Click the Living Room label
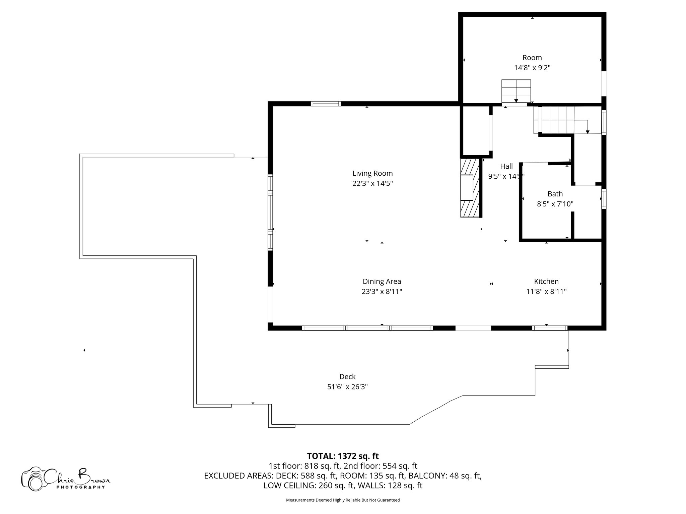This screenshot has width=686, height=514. tap(372, 173)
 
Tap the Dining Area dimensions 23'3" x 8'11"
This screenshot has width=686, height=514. tap(382, 291)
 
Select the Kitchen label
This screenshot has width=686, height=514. tap(546, 281)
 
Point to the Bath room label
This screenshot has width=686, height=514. tap(555, 194)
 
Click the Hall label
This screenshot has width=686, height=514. tap(506, 166)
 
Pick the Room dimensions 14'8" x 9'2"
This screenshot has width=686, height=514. tap(532, 68)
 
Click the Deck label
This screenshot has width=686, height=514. tap(347, 377)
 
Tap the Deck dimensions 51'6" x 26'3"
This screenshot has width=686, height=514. tap(347, 387)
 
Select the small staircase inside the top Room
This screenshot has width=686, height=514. tap(516, 91)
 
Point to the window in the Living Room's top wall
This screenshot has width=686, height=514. tap(326, 104)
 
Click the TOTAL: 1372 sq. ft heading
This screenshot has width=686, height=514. tap(343, 456)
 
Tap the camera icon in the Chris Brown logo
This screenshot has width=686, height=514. tap(33, 479)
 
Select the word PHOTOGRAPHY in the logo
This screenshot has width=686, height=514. tap(80, 487)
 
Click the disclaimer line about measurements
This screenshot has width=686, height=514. tap(343, 500)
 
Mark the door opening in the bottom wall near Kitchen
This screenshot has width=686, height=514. tap(473, 328)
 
